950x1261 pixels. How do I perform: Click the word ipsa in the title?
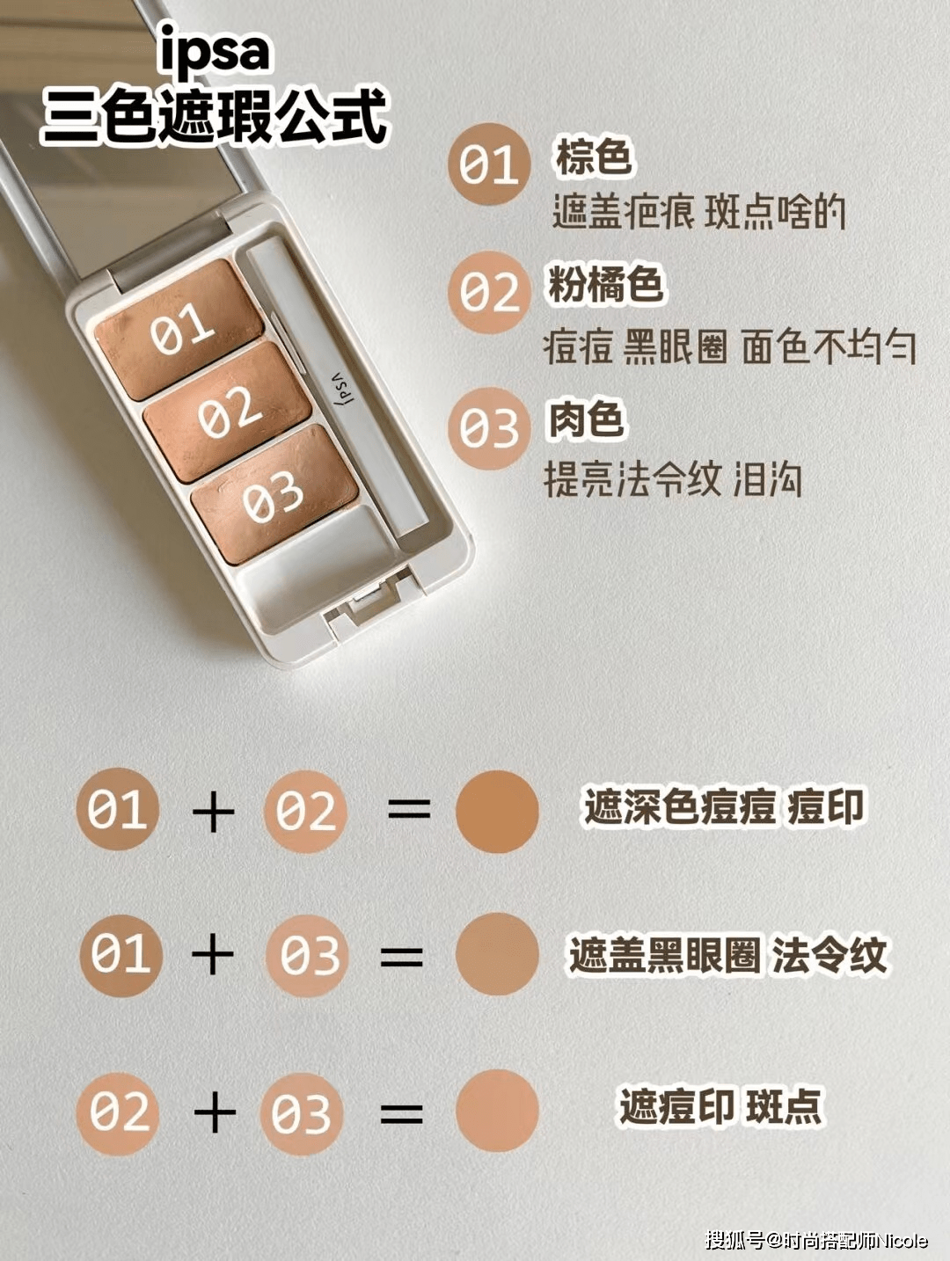[215, 53]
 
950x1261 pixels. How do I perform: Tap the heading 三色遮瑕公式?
[215, 116]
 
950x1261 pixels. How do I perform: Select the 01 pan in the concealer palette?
[179, 329]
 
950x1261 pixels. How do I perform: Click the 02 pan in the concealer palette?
[228, 412]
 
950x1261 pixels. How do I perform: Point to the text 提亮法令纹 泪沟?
[673, 479]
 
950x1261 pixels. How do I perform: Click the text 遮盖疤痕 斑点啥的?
[698, 213]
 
